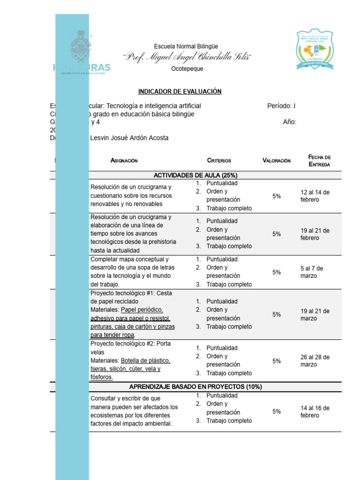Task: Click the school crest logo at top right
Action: [315, 51]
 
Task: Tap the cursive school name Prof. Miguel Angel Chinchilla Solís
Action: [187, 57]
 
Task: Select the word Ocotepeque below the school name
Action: [187, 69]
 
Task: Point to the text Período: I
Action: [281, 106]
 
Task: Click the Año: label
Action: [290, 122]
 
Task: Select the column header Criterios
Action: [219, 160]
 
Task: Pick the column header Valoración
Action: [277, 160]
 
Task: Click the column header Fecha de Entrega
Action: [320, 160]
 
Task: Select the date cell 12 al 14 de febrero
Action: [315, 196]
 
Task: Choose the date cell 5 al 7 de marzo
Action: [312, 272]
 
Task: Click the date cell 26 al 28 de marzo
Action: [315, 360]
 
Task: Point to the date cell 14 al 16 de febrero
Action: [315, 412]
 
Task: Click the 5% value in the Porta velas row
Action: [277, 361]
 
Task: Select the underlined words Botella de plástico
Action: [145, 361]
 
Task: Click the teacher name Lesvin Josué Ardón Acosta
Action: [129, 138]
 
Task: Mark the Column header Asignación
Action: [124, 160]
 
